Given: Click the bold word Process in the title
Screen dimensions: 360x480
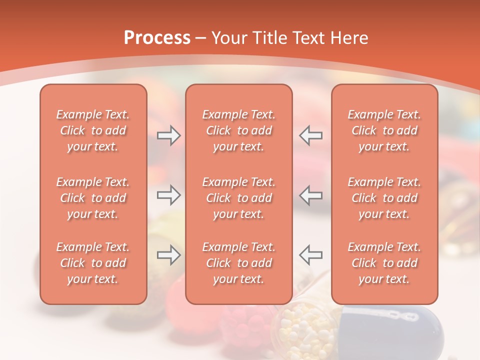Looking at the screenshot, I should point(157,38).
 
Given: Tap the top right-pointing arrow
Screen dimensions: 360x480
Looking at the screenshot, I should point(168,135).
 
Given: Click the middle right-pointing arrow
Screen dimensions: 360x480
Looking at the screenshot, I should point(168,195).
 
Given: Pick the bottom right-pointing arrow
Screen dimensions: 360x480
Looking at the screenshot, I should point(168,255).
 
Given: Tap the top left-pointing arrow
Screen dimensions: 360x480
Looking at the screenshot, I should point(310,135).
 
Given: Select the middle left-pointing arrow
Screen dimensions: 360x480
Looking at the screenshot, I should point(310,195).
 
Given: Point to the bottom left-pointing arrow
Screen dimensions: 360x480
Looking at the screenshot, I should point(310,255).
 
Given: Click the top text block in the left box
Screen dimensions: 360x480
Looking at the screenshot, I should point(93,130).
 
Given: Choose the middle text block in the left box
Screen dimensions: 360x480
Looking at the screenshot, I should point(93,198).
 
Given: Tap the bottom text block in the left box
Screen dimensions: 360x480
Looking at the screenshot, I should point(93,263).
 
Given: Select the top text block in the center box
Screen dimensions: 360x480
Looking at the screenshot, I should point(238,130).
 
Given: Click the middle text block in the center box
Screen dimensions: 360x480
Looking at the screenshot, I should point(238,198).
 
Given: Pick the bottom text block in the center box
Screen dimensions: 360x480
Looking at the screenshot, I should point(238,263).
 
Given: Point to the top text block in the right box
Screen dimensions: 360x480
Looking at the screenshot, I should point(384,130).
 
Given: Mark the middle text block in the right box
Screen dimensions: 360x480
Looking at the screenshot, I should point(384,198).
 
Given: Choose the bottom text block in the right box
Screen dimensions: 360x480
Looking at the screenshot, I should point(384,263).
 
